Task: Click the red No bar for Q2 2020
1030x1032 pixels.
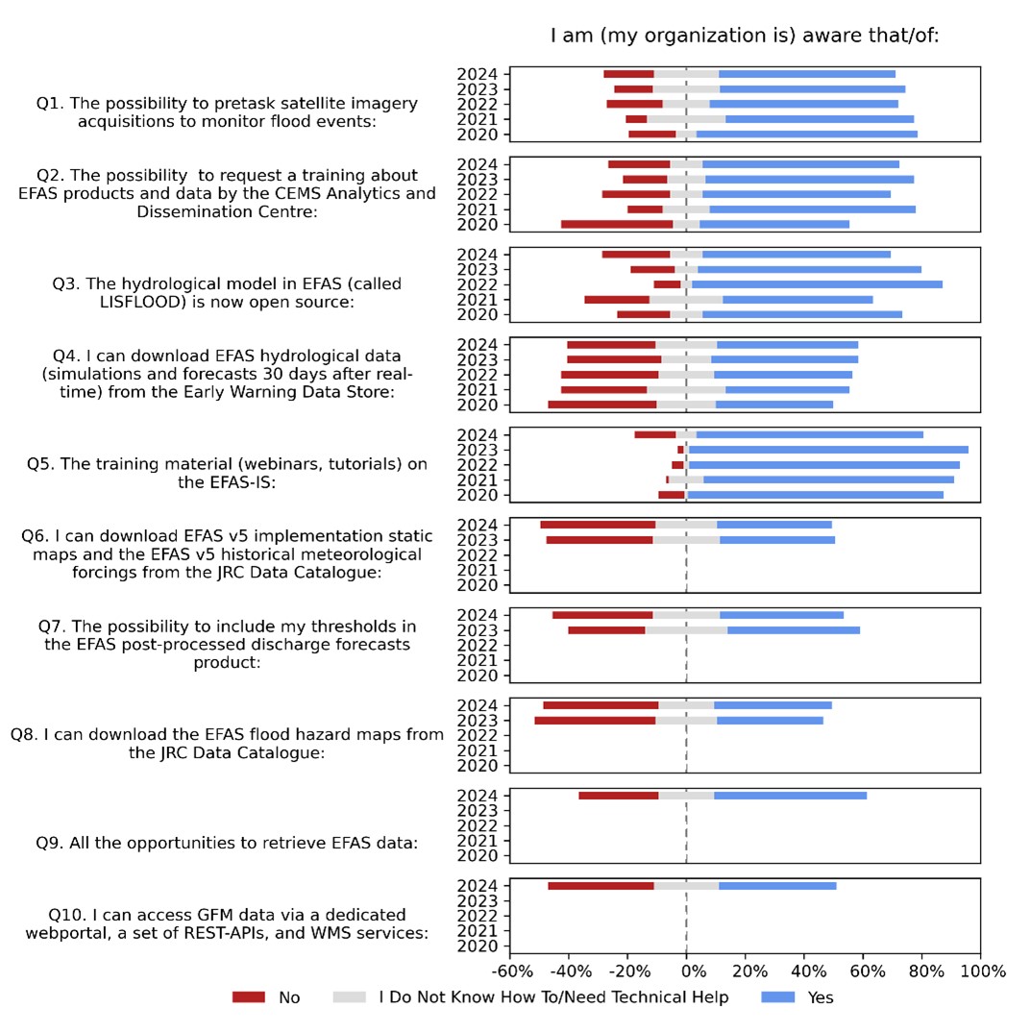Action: click(617, 224)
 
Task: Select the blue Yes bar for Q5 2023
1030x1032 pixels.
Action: click(828, 450)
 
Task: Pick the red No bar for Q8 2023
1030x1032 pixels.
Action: click(595, 720)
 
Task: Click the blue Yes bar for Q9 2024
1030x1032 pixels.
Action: click(790, 795)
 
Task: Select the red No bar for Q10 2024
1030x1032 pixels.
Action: click(601, 885)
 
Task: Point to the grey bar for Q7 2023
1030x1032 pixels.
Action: click(686, 630)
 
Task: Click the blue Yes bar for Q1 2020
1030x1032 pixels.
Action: click(806, 134)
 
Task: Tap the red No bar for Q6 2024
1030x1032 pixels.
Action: click(598, 525)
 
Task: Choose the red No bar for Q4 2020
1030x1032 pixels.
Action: click(602, 405)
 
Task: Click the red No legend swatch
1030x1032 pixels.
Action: click(248, 997)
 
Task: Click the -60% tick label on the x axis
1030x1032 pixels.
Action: click(509, 971)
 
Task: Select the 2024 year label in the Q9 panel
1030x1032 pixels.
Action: click(478, 796)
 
